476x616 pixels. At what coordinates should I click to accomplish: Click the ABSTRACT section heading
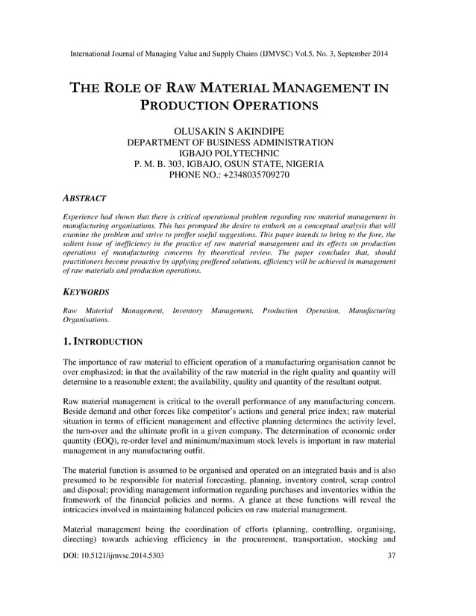pyautogui.click(x=85, y=198)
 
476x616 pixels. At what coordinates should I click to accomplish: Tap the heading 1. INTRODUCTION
pyautogui.click(x=103, y=342)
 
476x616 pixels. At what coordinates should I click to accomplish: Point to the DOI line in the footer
pyautogui.click(x=114, y=598)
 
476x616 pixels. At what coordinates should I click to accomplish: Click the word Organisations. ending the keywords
pyautogui.click(x=87, y=318)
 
